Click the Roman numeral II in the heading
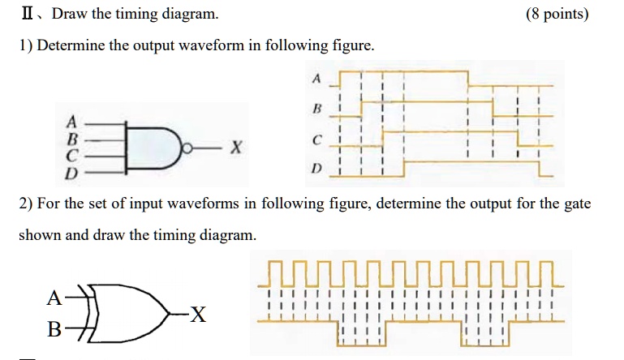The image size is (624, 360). [28, 14]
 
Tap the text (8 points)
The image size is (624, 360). [557, 15]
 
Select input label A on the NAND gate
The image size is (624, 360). [71, 122]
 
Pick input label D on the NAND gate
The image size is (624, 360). [71, 173]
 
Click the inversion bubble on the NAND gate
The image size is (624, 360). [187, 148]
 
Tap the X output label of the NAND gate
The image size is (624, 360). [236, 148]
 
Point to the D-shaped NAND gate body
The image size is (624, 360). [153, 148]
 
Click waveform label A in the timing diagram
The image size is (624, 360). [316, 79]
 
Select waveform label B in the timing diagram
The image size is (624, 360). [317, 108]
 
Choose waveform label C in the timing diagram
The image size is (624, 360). [316, 140]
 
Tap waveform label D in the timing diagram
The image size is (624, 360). [316, 169]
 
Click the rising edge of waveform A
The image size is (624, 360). [340, 79]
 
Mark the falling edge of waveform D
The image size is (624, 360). [540, 169]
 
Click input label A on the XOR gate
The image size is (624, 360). [54, 298]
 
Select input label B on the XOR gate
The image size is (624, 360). [54, 329]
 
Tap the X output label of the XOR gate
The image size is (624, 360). [198, 315]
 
